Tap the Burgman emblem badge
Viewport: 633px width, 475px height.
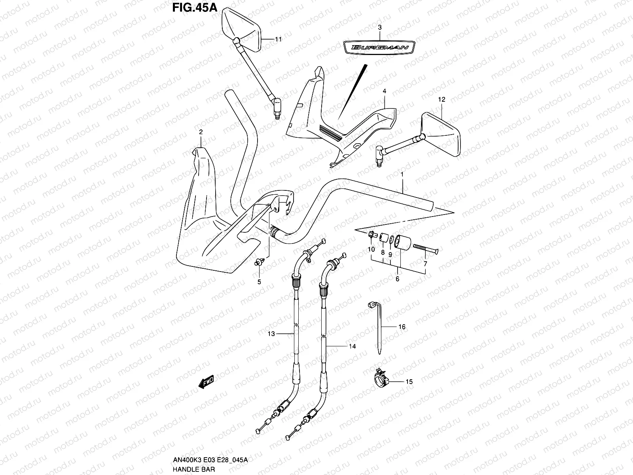[379, 47]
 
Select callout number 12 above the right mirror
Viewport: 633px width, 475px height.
[442, 100]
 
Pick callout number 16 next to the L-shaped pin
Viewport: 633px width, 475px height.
[402, 327]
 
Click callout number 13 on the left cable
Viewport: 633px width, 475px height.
[271, 334]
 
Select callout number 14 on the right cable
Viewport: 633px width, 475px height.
[352, 346]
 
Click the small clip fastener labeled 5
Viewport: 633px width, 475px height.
[259, 261]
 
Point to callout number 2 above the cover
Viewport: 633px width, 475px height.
[201, 132]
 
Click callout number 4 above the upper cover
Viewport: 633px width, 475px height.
[384, 91]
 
